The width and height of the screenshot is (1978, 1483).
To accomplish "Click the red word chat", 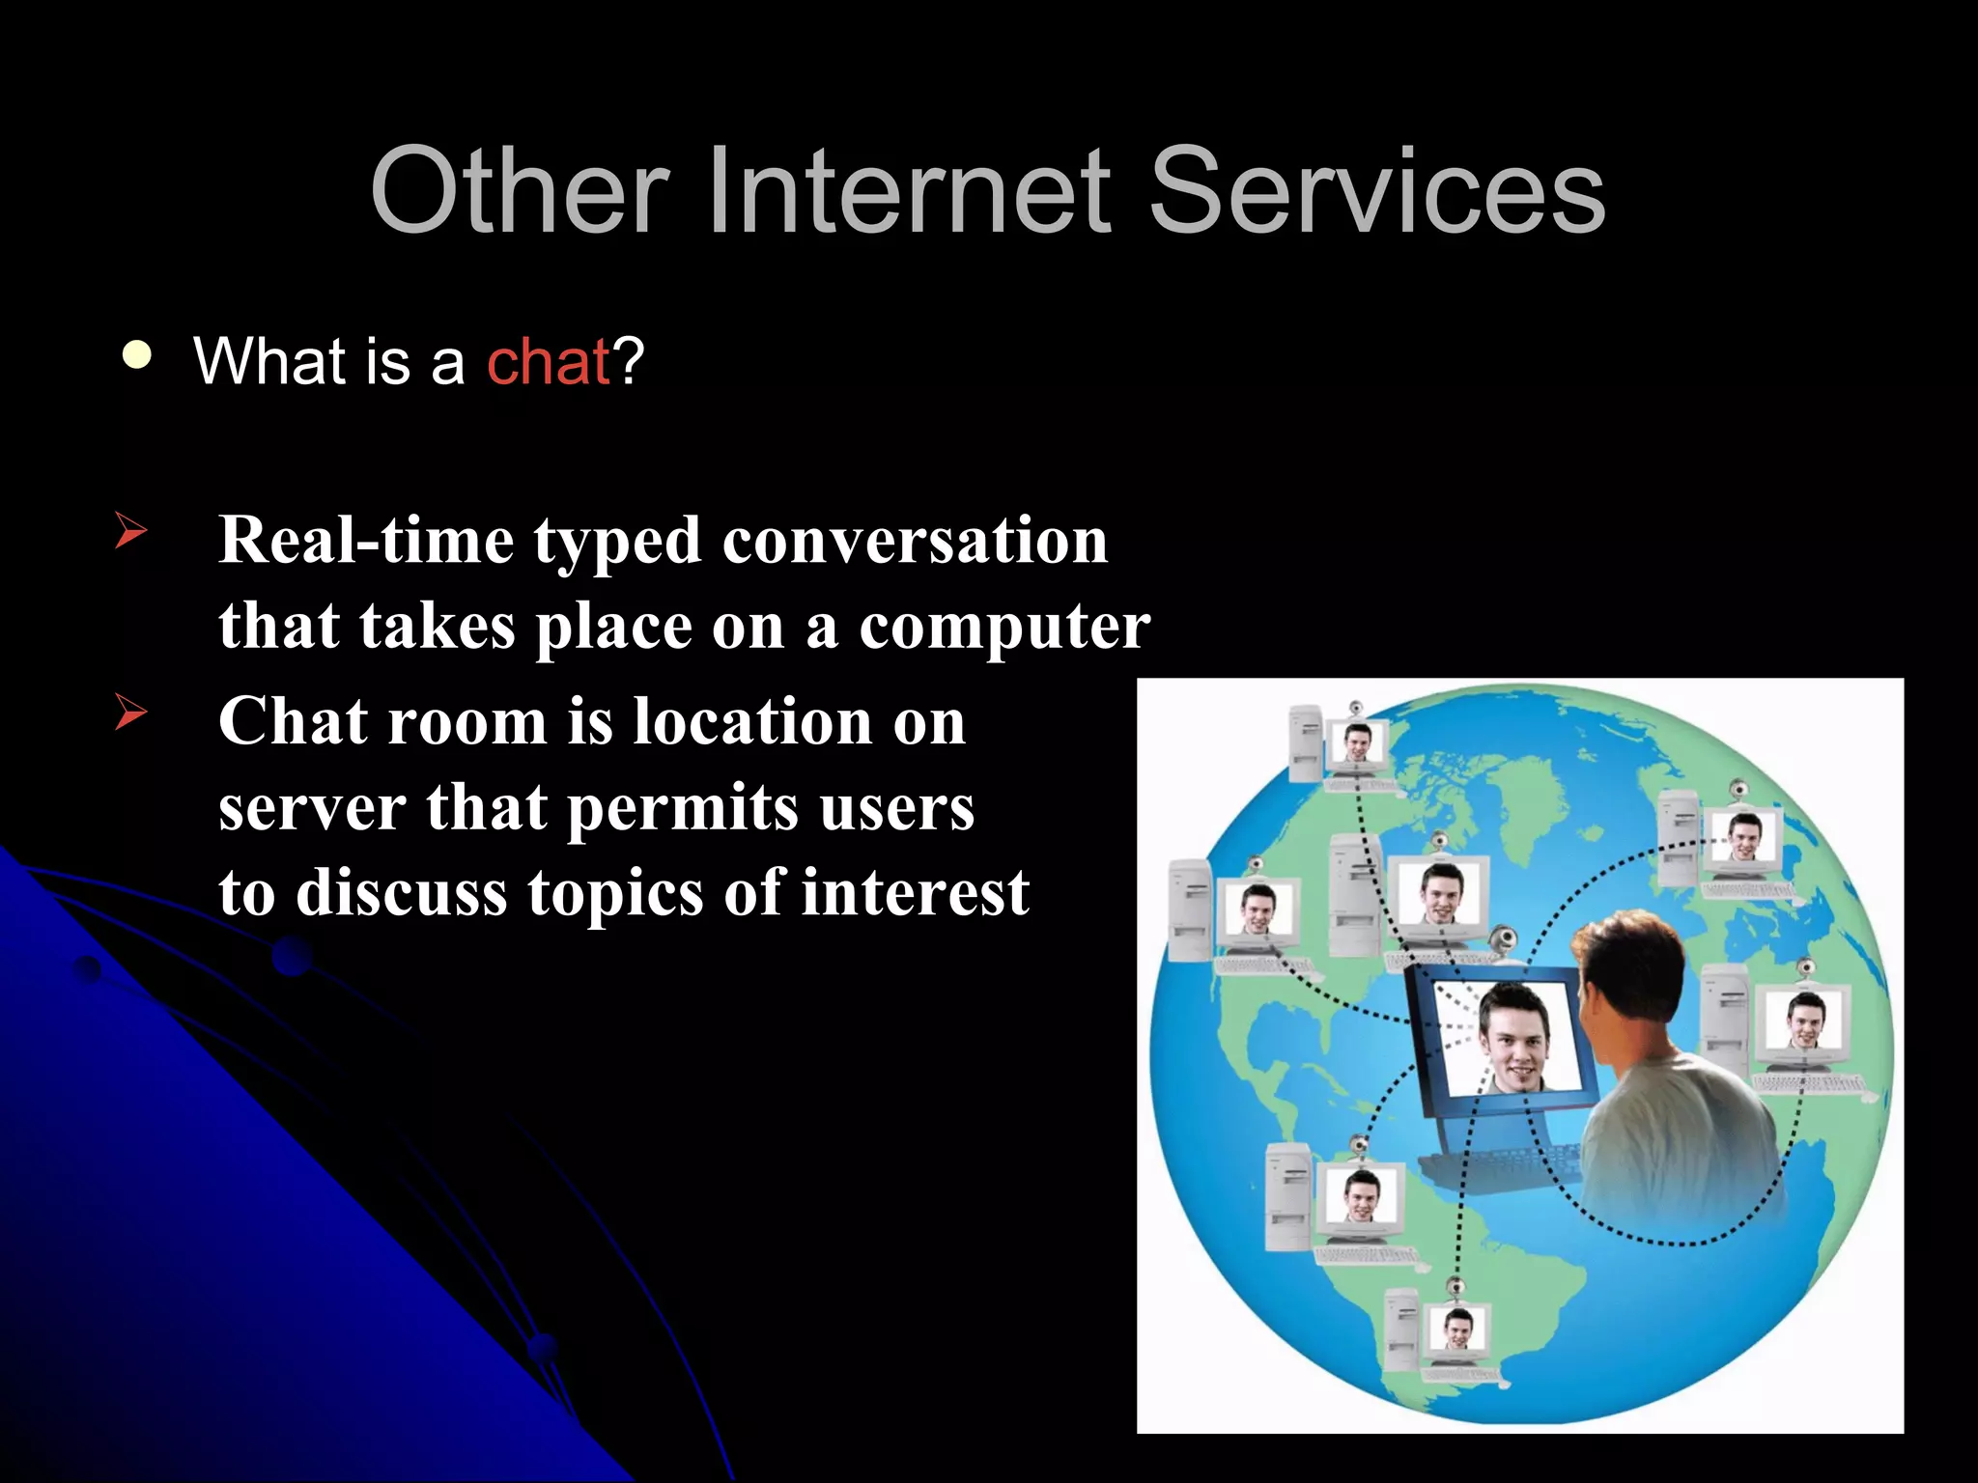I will click(x=548, y=362).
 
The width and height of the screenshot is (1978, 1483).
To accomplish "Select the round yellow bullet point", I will click(x=137, y=355).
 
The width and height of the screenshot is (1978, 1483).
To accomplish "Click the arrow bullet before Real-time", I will click(x=130, y=531).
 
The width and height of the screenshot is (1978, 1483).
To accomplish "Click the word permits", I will click(x=682, y=809).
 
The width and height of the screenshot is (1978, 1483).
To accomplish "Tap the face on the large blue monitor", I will click(x=1513, y=1039).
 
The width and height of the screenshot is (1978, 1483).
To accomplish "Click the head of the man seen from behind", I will click(x=1632, y=975).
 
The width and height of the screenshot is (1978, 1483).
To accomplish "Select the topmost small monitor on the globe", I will click(x=1357, y=744).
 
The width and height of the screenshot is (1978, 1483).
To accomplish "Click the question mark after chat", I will click(x=629, y=362).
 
